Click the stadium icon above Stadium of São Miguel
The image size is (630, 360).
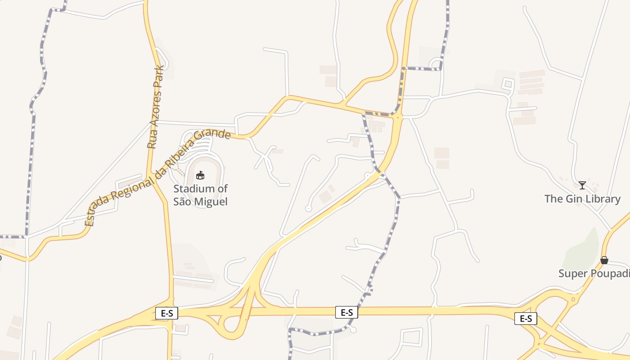tap(200, 175)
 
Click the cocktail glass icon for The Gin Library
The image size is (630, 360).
tap(582, 185)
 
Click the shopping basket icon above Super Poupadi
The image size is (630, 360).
tap(604, 260)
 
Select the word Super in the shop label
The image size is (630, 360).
tap(571, 274)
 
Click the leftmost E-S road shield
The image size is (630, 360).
tap(166, 313)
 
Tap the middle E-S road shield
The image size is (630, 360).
tap(346, 312)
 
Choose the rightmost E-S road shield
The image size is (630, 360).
tap(526, 319)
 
